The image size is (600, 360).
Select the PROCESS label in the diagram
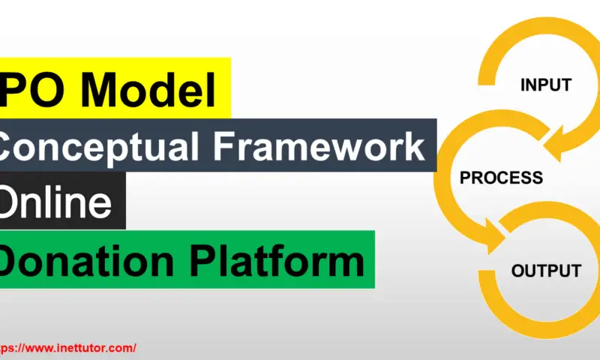[501, 178]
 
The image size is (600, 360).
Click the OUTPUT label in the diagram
[546, 271]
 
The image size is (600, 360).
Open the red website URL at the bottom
[67, 348]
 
